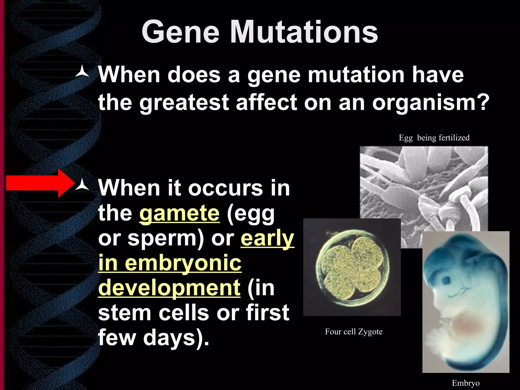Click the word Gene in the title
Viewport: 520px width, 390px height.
pyautogui.click(x=180, y=32)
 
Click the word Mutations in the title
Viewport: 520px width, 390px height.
pyautogui.click(x=304, y=32)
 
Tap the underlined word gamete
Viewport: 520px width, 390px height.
pyautogui.click(x=179, y=214)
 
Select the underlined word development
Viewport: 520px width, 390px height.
pyautogui.click(x=169, y=288)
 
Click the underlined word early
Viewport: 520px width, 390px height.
pyautogui.click(x=267, y=238)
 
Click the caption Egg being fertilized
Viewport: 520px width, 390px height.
pyautogui.click(x=434, y=138)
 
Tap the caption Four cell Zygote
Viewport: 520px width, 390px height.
pyautogui.click(x=354, y=332)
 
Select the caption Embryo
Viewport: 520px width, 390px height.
pyautogui.click(x=466, y=383)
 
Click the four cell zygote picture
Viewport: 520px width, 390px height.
pyautogui.click(x=352, y=267)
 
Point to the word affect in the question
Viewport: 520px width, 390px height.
pyautogui.click(x=266, y=102)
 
